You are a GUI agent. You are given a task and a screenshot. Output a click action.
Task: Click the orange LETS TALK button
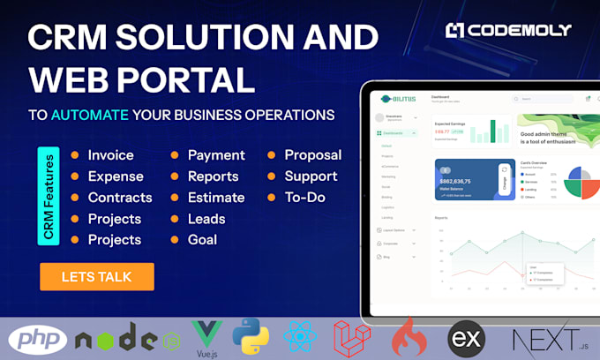[x=96, y=276]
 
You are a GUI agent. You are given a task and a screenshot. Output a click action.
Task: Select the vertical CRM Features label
[x=49, y=196]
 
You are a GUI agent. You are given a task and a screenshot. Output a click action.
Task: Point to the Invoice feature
[x=110, y=155]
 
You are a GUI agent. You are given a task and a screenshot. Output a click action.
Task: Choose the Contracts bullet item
[x=119, y=198]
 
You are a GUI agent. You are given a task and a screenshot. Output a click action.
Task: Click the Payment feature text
[x=216, y=155]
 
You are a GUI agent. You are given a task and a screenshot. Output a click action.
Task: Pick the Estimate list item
[x=217, y=198]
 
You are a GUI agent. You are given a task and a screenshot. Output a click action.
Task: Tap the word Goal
[x=202, y=240]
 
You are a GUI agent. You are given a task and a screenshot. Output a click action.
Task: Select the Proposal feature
[x=312, y=155]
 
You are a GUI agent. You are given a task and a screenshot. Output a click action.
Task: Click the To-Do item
[x=304, y=198]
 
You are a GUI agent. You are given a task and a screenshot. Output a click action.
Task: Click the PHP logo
[x=37, y=339]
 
